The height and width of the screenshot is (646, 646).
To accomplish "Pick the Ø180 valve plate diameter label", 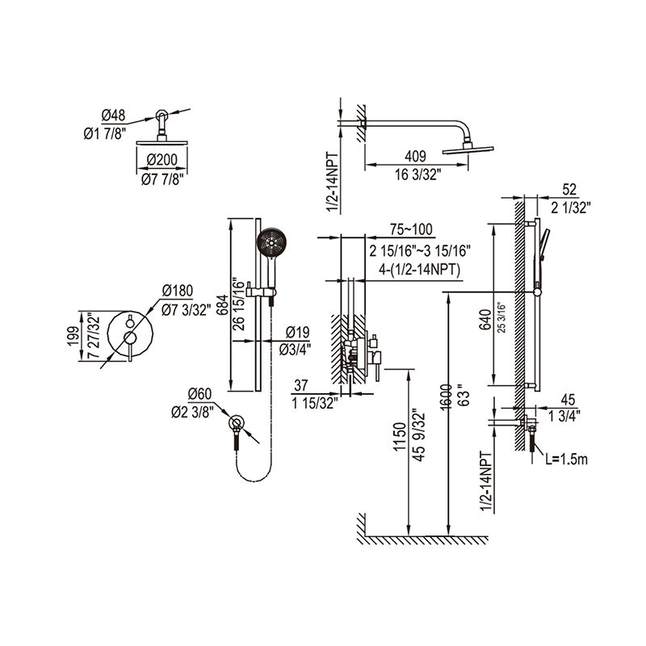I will point(177,290).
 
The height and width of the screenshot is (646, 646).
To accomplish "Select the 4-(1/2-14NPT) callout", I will point(416,271).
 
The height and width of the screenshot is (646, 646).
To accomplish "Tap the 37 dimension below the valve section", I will point(303,386).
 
